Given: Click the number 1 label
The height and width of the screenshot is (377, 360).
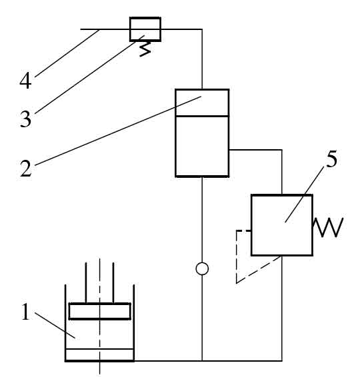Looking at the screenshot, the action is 25,311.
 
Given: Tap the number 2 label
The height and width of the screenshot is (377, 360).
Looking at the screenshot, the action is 26,169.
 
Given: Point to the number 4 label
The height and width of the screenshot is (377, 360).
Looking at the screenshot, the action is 25,81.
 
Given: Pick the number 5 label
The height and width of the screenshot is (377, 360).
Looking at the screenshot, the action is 331,159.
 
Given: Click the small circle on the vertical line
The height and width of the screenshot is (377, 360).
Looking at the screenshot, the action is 202,268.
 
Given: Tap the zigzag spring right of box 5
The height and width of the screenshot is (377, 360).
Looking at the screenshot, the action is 327,227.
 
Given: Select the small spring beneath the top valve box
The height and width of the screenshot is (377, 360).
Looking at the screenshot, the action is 145,49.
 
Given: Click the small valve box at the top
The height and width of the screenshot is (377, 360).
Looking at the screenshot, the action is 145,29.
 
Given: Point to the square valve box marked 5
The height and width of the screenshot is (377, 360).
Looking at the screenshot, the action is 282,225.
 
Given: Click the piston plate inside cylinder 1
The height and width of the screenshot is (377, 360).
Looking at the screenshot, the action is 99,311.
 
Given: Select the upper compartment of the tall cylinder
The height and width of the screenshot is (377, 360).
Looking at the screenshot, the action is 202,103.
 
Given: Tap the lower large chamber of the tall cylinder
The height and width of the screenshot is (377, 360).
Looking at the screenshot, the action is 202,147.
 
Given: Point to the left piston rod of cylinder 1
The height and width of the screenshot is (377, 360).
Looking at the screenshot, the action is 86,282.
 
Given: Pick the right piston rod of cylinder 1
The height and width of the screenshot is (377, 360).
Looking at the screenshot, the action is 113,282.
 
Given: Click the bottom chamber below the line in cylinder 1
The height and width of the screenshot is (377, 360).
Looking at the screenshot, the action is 99,354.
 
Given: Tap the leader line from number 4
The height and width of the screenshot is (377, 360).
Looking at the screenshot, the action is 67,53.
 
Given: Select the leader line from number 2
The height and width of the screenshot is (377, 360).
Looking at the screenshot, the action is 118,131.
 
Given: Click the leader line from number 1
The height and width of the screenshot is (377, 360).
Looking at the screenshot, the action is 55,325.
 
